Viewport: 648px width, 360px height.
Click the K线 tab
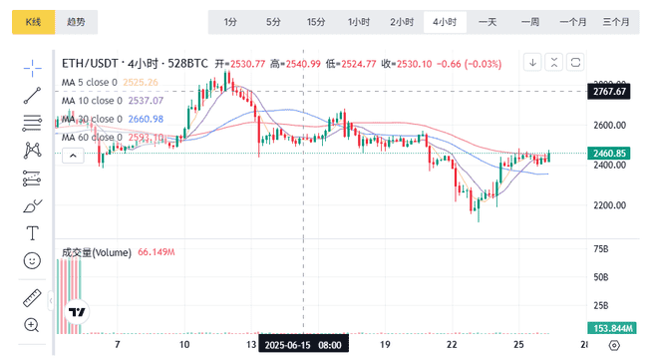click(32, 21)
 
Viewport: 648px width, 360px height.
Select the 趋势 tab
click(76, 21)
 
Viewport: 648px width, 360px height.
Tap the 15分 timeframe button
click(316, 21)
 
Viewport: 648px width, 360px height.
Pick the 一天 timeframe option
click(487, 21)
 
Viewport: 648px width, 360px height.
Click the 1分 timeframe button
click(230, 21)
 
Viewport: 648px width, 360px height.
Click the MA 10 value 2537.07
click(146, 101)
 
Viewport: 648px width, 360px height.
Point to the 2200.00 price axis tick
click(607, 205)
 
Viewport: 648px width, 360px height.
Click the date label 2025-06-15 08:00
click(304, 345)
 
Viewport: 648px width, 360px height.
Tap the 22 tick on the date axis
click(452, 345)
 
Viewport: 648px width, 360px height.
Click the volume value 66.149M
click(157, 253)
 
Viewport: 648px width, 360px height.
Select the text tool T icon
click(32, 233)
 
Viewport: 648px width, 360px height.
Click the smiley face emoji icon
click(32, 260)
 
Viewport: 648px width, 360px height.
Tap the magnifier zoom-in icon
click(32, 325)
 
